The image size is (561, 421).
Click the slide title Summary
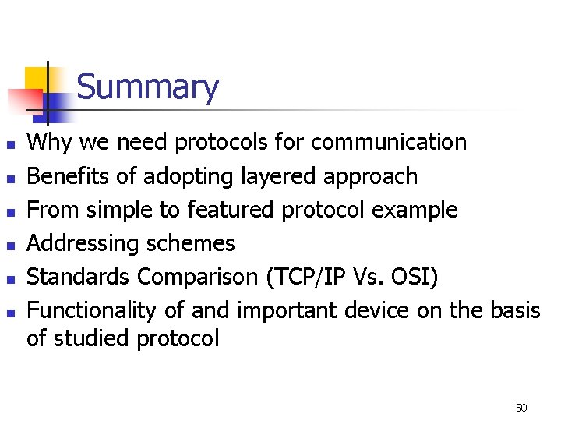pyautogui.click(x=148, y=87)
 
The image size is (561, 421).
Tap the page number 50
pyautogui.click(x=521, y=408)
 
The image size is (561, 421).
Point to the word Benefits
pyautogui.click(x=69, y=176)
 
